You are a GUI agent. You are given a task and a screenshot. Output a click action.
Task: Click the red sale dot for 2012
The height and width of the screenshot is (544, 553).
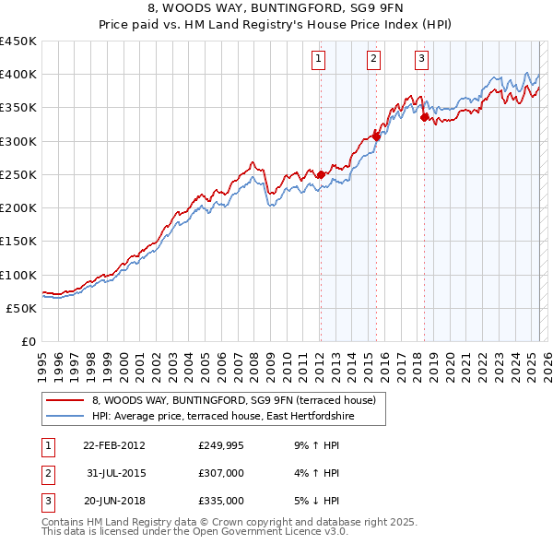pyautogui.click(x=321, y=174)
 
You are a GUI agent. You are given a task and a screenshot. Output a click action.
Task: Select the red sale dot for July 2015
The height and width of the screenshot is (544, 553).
pyautogui.click(x=377, y=136)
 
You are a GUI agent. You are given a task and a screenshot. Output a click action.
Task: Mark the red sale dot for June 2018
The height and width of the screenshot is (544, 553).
pyautogui.click(x=424, y=117)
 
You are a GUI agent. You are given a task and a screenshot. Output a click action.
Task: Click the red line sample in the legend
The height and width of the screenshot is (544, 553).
pyautogui.click(x=65, y=401)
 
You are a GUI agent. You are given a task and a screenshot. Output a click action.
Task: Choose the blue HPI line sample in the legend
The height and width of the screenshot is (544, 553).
pyautogui.click(x=65, y=417)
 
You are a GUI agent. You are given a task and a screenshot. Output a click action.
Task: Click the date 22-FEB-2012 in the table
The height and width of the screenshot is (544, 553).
pyautogui.click(x=113, y=445)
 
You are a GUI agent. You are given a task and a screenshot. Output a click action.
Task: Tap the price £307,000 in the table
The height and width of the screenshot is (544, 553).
pyautogui.click(x=221, y=473)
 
